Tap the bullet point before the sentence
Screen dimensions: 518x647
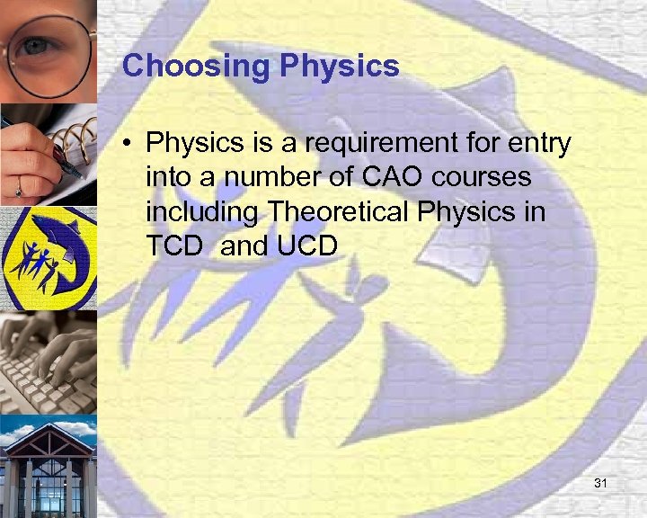(130, 143)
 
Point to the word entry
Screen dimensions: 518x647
(536, 143)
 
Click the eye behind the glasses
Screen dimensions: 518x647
(36, 45)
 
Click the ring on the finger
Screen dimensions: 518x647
(18, 191)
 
